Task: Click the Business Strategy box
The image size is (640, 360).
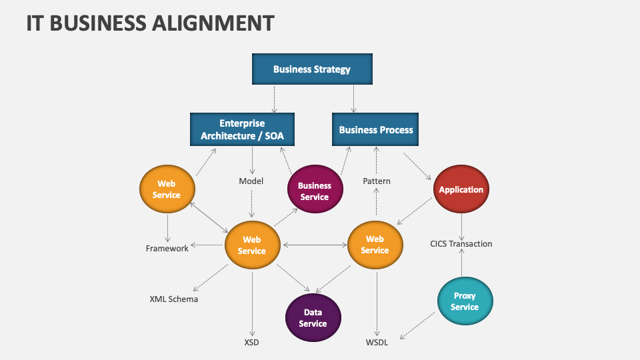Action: pyautogui.click(x=311, y=69)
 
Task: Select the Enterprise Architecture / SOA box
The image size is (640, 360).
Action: pyautogui.click(x=242, y=129)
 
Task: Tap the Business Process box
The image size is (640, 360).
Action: pyautogui.click(x=376, y=129)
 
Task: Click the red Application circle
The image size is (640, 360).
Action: pyautogui.click(x=461, y=189)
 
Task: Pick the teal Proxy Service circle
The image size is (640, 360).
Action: pyautogui.click(x=465, y=301)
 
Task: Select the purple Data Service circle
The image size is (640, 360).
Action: pyautogui.click(x=313, y=318)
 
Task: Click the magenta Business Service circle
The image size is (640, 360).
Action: pyautogui.click(x=315, y=191)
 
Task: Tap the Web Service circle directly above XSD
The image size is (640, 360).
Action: pyautogui.click(x=252, y=245)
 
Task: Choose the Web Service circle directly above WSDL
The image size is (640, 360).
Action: pyautogui.click(x=375, y=245)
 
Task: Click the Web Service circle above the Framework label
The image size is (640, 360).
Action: pyautogui.click(x=167, y=189)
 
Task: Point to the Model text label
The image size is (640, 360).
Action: pyautogui.click(x=251, y=181)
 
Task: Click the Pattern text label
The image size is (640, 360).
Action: pyautogui.click(x=376, y=181)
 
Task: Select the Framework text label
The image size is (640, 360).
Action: pyautogui.click(x=167, y=249)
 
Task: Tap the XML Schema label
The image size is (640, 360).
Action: pyautogui.click(x=173, y=299)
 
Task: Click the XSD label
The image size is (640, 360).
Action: pyautogui.click(x=251, y=343)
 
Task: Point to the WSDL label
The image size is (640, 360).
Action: pyautogui.click(x=377, y=343)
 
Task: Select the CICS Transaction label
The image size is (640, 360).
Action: pyautogui.click(x=461, y=244)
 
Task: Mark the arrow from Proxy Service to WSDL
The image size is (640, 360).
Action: pyautogui.click(x=418, y=325)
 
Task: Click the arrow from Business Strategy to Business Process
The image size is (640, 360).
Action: pyautogui.click(x=353, y=99)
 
